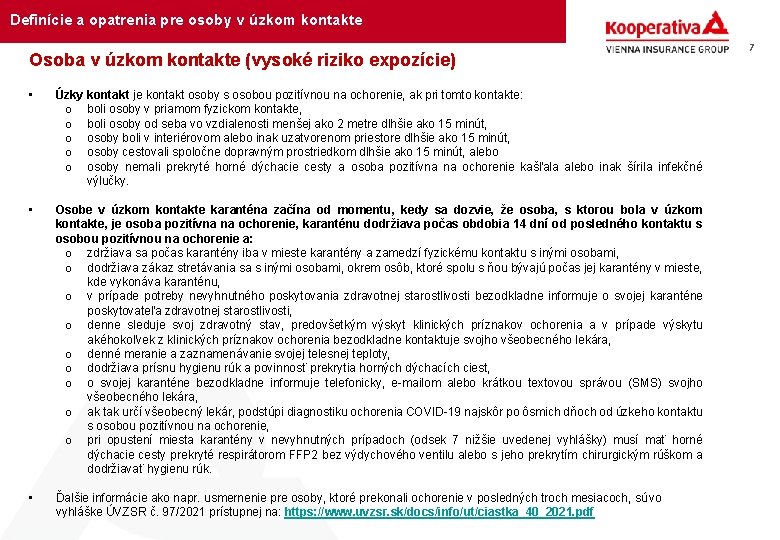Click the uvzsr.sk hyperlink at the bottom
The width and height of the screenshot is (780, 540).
click(439, 512)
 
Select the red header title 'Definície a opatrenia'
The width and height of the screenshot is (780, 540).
click(186, 20)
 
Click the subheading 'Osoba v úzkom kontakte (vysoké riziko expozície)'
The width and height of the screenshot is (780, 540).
click(242, 61)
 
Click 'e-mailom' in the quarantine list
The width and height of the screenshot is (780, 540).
click(419, 383)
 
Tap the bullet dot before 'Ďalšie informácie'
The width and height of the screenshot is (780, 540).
click(33, 498)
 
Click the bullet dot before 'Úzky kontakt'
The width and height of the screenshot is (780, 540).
click(33, 95)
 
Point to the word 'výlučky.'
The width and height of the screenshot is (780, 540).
click(108, 181)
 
